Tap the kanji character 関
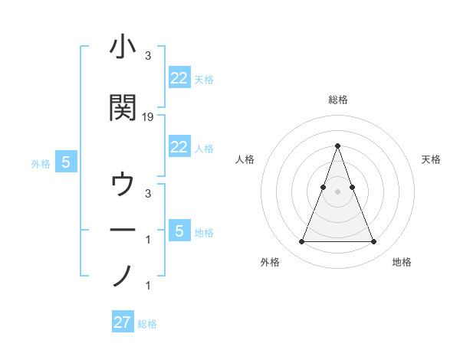click(x=123, y=108)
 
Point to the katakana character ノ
click(x=123, y=274)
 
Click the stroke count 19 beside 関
click(x=148, y=117)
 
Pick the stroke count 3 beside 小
click(x=148, y=56)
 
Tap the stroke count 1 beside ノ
click(x=148, y=286)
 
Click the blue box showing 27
click(x=123, y=322)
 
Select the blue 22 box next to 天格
click(x=179, y=78)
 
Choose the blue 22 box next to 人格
click(x=179, y=147)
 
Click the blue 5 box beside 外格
click(x=66, y=162)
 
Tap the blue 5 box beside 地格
click(x=179, y=231)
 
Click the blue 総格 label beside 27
click(x=147, y=324)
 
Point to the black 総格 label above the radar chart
click(x=337, y=100)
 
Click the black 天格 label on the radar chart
click(x=431, y=159)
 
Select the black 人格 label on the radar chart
click(x=245, y=159)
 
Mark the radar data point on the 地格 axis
click(x=373, y=242)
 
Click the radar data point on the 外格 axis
click(x=301, y=242)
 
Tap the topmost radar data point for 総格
click(x=337, y=146)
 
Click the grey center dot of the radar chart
click(x=337, y=191)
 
